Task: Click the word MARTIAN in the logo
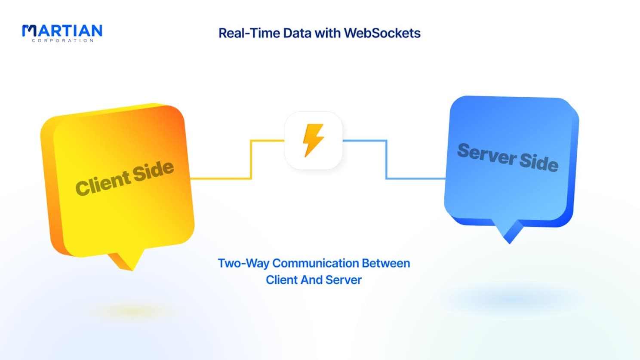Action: tap(62, 30)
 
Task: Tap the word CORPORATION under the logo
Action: tap(62, 40)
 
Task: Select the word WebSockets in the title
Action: tap(382, 33)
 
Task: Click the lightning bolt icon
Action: tap(314, 140)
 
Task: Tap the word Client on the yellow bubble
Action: tap(102, 182)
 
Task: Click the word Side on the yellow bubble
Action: tap(154, 171)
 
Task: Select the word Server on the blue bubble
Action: tap(486, 154)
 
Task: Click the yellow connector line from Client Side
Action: tap(251, 160)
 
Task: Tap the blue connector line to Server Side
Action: tap(387, 160)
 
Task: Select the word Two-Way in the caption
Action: tap(243, 263)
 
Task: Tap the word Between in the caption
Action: tap(386, 263)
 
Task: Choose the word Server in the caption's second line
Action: tap(343, 280)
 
